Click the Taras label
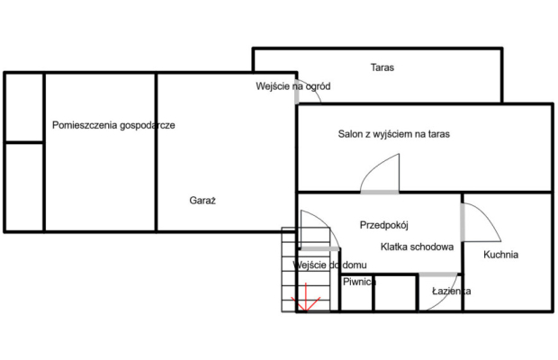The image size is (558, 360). pos(382,67)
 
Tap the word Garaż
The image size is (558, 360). pos(202,201)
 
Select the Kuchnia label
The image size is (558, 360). pos(500,255)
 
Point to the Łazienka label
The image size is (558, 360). pos(451,291)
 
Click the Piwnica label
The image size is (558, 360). pos(359,282)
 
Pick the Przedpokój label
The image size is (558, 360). pos(384,225)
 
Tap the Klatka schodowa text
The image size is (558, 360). pos(417,247)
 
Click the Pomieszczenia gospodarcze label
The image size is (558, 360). pos(113,125)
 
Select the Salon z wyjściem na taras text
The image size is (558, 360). pos(394,134)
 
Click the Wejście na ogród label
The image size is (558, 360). pos(292,86)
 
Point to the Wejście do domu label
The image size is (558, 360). pos(329,265)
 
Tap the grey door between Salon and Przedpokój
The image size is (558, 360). pos(380,193)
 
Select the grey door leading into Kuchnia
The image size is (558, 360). pos(463,222)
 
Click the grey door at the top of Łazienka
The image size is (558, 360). pos(438,274)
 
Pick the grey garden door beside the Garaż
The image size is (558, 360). pos(297,92)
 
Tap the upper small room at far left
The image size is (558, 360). pos(24,107)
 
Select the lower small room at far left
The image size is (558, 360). pos(24,187)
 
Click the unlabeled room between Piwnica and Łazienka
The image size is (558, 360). pos(395,293)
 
